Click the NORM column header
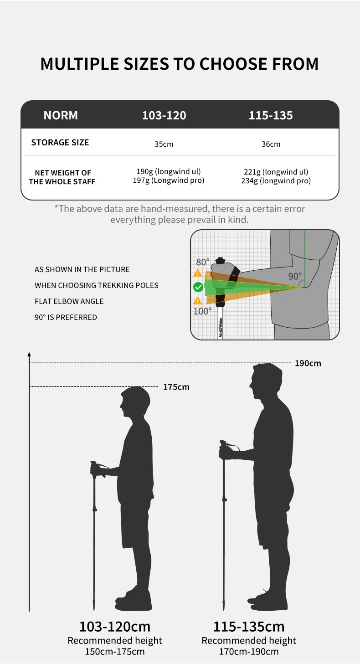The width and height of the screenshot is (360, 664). [x=61, y=115]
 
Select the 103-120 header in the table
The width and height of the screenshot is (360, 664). [x=164, y=115]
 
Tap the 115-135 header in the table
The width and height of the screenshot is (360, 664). [x=271, y=115]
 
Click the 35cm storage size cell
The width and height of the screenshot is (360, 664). [x=164, y=144]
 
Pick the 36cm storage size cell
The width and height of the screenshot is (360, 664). [x=271, y=144]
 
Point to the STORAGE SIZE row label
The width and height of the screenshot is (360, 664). [x=60, y=143]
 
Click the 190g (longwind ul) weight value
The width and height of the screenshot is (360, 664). [x=169, y=171]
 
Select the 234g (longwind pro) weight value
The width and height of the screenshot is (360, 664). [x=276, y=181]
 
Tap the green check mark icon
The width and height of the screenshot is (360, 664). [x=198, y=287]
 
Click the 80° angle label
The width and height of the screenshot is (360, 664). [x=203, y=262]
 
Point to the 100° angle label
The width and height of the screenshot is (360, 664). [x=203, y=311]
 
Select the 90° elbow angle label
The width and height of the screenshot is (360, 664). [x=295, y=276]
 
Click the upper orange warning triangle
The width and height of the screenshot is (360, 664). [x=198, y=273]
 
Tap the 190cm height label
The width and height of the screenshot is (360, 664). [x=308, y=363]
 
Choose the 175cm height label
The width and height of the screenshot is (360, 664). [x=176, y=387]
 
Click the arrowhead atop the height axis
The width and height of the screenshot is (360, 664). [x=29, y=354]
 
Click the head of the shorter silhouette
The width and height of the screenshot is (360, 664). [x=135, y=400]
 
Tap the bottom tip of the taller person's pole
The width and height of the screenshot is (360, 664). [x=224, y=610]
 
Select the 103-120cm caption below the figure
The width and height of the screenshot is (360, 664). [x=115, y=627]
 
